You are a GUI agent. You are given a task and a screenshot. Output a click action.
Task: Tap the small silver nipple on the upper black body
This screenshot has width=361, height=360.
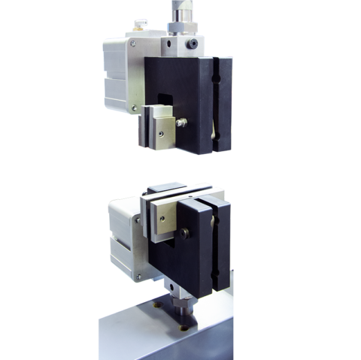[180, 119]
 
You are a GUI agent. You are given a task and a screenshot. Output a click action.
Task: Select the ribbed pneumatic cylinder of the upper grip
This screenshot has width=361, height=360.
[115, 75]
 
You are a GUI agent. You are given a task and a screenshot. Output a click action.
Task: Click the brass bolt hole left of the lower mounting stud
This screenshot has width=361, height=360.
[159, 307]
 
